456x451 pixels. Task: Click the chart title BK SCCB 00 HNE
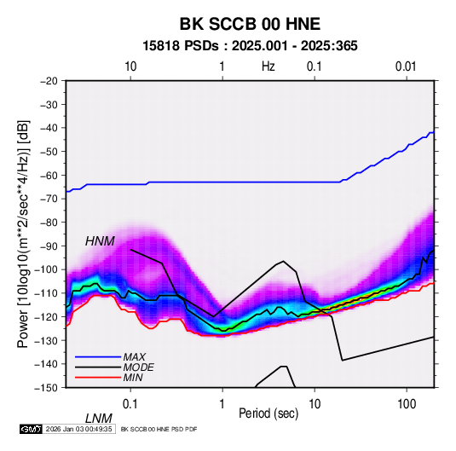[250, 24]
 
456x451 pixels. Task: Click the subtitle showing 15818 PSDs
[250, 46]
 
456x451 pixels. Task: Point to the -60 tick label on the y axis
[49, 175]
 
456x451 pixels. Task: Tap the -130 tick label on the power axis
[46, 340]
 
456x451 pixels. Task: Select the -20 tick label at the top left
[49, 81]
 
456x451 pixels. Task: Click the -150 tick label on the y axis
[46, 388]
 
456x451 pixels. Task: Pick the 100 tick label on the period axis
[407, 403]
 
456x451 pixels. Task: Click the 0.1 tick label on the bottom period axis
[130, 403]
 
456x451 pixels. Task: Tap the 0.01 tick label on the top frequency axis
[406, 66]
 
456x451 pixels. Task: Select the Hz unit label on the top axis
[268, 66]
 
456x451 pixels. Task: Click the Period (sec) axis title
[268, 413]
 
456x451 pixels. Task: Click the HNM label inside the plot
[100, 241]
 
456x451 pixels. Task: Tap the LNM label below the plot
[98, 419]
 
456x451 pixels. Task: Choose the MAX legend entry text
[134, 357]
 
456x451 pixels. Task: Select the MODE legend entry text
[138, 367]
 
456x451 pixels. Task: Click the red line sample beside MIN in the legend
[98, 378]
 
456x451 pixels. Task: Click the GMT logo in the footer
[31, 429]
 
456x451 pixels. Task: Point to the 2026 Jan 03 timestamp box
[78, 429]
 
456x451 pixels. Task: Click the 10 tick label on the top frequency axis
[130, 66]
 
